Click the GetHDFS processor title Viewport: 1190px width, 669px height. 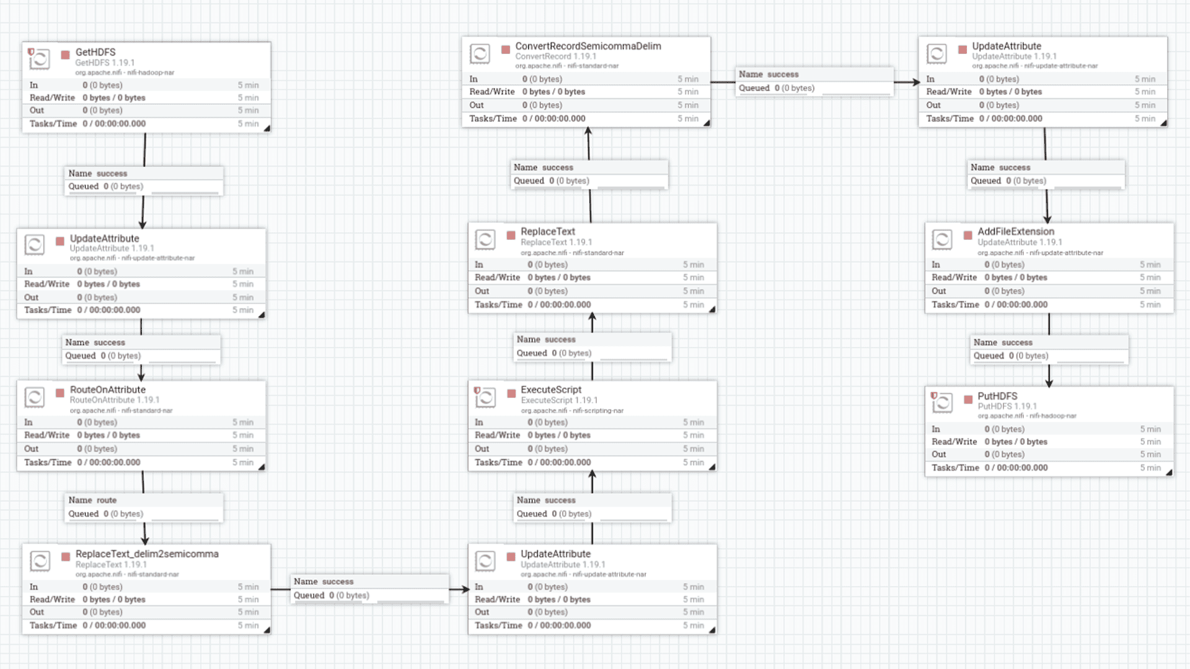(95, 52)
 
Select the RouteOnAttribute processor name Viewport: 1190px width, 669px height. (107, 390)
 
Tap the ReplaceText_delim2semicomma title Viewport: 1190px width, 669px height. (147, 554)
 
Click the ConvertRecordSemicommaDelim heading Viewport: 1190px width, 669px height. (588, 46)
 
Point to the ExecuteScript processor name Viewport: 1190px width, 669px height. (550, 390)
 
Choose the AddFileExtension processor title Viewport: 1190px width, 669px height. (1015, 232)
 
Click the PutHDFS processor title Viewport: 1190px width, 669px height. (997, 396)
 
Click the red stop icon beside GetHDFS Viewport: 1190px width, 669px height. (65, 55)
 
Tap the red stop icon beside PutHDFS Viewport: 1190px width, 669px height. (967, 400)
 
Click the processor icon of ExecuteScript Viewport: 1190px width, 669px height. (485, 398)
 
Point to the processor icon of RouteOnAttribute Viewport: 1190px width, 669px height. (35, 397)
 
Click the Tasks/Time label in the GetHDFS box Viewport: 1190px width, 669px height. (53, 124)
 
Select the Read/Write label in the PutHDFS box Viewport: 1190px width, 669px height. (954, 442)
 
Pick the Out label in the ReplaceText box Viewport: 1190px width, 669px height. (482, 291)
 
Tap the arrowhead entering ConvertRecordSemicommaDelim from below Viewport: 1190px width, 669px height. (588, 131)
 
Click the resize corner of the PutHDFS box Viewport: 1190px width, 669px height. (1169, 473)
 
